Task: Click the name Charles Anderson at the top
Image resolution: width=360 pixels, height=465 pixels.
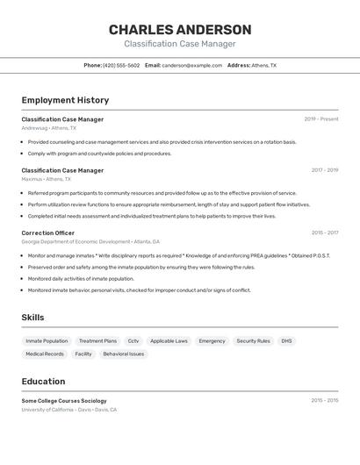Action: coord(180,30)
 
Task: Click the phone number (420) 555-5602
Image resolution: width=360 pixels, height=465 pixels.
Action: coord(121,65)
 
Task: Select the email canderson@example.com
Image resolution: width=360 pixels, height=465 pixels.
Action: coord(191,65)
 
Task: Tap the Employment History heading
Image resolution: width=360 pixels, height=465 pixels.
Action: coord(65,100)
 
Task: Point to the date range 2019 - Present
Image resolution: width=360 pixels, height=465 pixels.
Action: coord(321,119)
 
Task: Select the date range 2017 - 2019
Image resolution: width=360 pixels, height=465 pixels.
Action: coord(324,170)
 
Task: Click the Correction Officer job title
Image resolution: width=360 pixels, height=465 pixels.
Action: coord(48,233)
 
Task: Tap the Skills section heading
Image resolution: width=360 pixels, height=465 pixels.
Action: coord(32,318)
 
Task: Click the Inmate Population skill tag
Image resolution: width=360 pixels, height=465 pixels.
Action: coord(47,341)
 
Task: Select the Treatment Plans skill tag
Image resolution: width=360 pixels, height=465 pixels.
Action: coord(97,341)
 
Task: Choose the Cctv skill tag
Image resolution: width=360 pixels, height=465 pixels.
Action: coord(133,341)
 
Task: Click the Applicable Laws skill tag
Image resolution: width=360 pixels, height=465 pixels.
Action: coord(169,341)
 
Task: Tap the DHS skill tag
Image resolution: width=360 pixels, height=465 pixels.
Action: coord(286,341)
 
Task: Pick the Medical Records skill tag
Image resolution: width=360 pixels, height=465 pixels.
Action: coord(45,354)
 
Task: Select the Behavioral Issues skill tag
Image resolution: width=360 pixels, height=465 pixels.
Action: coord(123,354)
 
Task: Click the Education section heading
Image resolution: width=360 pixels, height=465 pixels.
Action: coord(43,382)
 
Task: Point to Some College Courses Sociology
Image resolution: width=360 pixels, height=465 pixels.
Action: coord(63,401)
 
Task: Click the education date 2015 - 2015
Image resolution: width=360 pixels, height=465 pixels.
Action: coord(324,401)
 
